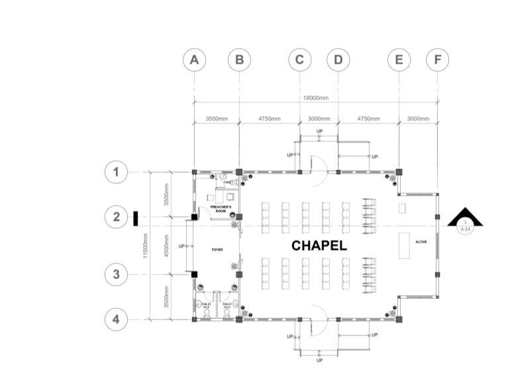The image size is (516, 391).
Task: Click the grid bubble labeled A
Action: coord(194,60)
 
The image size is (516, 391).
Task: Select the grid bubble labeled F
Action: coord(437,60)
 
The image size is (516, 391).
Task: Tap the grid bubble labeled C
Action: coord(299,60)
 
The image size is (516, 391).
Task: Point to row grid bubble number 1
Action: coord(116,172)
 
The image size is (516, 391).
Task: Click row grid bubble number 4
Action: coord(116,319)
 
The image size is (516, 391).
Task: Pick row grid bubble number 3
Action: coord(116,274)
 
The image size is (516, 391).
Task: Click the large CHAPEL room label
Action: coord(319,246)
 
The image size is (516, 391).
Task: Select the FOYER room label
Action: coord(217,250)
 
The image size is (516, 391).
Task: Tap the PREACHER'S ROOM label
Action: coord(221,209)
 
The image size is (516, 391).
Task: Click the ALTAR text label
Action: coord(421,242)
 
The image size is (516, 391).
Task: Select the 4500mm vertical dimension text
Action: coord(168,245)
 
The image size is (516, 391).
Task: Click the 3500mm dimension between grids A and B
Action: coord(217,119)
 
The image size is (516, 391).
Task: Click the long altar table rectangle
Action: coord(404,245)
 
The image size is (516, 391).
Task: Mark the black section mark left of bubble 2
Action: coord(135,217)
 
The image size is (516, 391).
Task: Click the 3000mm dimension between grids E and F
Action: coord(418,119)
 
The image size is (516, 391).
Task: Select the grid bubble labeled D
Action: coord(338,60)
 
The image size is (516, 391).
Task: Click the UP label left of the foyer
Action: coord(182,246)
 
